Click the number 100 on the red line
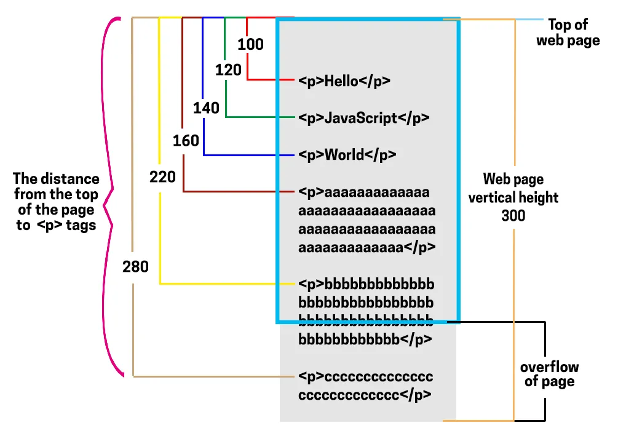click(x=250, y=44)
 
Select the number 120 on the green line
click(x=228, y=70)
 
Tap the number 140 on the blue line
click(x=206, y=108)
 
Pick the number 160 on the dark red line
click(x=186, y=141)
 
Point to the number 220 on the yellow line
click(x=162, y=178)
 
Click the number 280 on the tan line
click(x=135, y=267)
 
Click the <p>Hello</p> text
click(x=344, y=81)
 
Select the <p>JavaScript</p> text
click(x=363, y=118)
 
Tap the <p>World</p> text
click(x=347, y=154)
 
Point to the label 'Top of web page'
click(x=568, y=33)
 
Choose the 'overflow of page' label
click(x=549, y=374)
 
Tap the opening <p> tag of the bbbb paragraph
click(x=311, y=285)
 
